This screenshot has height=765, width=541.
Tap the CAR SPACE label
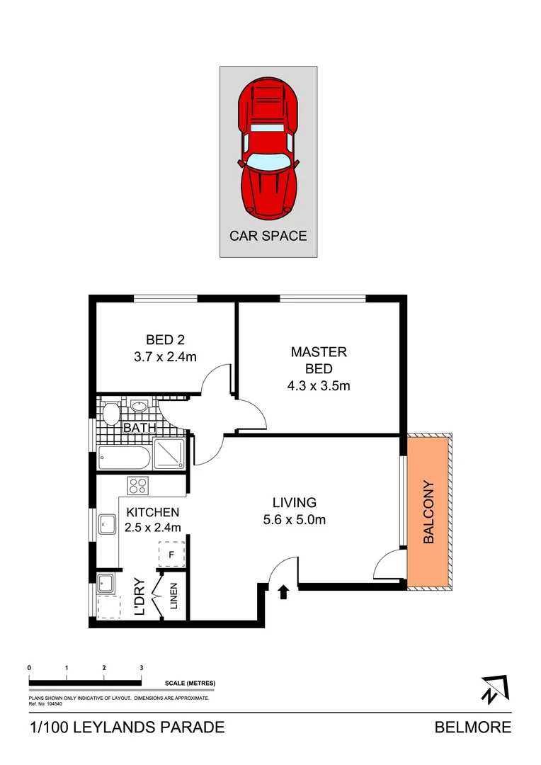(268, 236)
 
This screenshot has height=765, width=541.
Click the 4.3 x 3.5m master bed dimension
(319, 386)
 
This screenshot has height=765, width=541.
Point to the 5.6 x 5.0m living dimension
(293, 520)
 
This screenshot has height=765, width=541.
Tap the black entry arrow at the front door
(284, 592)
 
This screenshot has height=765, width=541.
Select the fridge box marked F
(171, 554)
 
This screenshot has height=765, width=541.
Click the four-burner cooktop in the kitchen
(137, 486)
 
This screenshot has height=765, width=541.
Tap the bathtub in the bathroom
(124, 458)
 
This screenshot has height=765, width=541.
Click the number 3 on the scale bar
(142, 668)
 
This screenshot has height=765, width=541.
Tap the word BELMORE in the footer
(472, 727)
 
